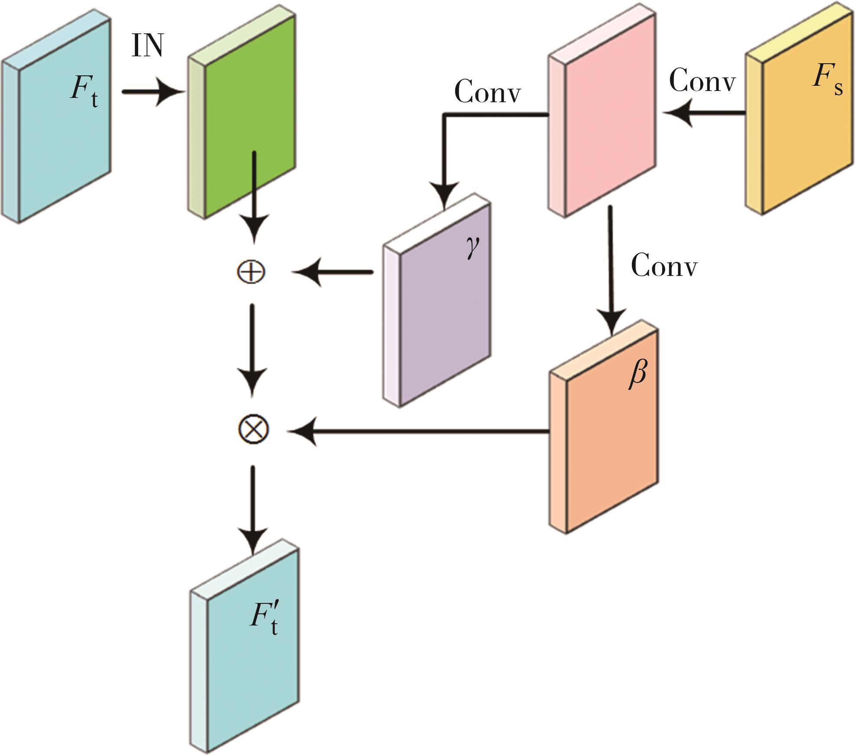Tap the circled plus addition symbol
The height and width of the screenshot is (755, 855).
point(251,272)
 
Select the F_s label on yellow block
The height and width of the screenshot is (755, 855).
point(826,80)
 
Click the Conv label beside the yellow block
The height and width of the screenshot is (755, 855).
point(702,80)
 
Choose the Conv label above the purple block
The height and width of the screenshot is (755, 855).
point(487,92)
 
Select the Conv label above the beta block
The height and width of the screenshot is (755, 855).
point(664,265)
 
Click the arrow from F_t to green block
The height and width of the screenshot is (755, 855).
point(152,92)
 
